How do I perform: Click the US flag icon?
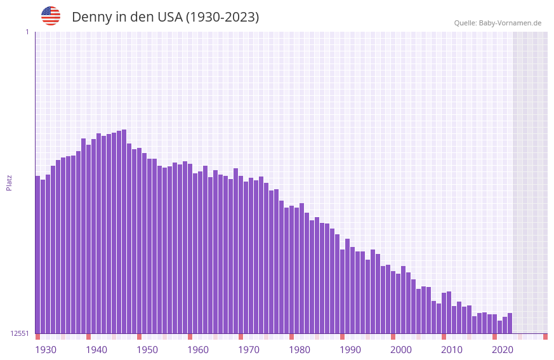coord(51,16)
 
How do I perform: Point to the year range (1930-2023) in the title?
coord(222,17)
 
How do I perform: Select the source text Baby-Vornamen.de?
coord(510,23)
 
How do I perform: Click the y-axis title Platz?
coord(9,182)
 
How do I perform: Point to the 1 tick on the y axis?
coord(27,32)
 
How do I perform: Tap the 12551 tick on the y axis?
coord(19,333)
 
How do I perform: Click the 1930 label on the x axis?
coord(46,350)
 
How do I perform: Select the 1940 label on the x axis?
coord(96,350)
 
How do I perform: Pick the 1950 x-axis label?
coord(147,350)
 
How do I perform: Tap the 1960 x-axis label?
coord(198,350)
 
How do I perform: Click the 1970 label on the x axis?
coord(249,350)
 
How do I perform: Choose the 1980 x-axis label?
coord(300,350)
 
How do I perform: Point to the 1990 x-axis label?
coord(350,350)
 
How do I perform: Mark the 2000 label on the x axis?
coord(401,350)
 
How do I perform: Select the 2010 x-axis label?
coord(452,350)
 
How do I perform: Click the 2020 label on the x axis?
coord(503,350)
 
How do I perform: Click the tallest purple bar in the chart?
coord(124,231)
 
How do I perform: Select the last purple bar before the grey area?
coord(510,323)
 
